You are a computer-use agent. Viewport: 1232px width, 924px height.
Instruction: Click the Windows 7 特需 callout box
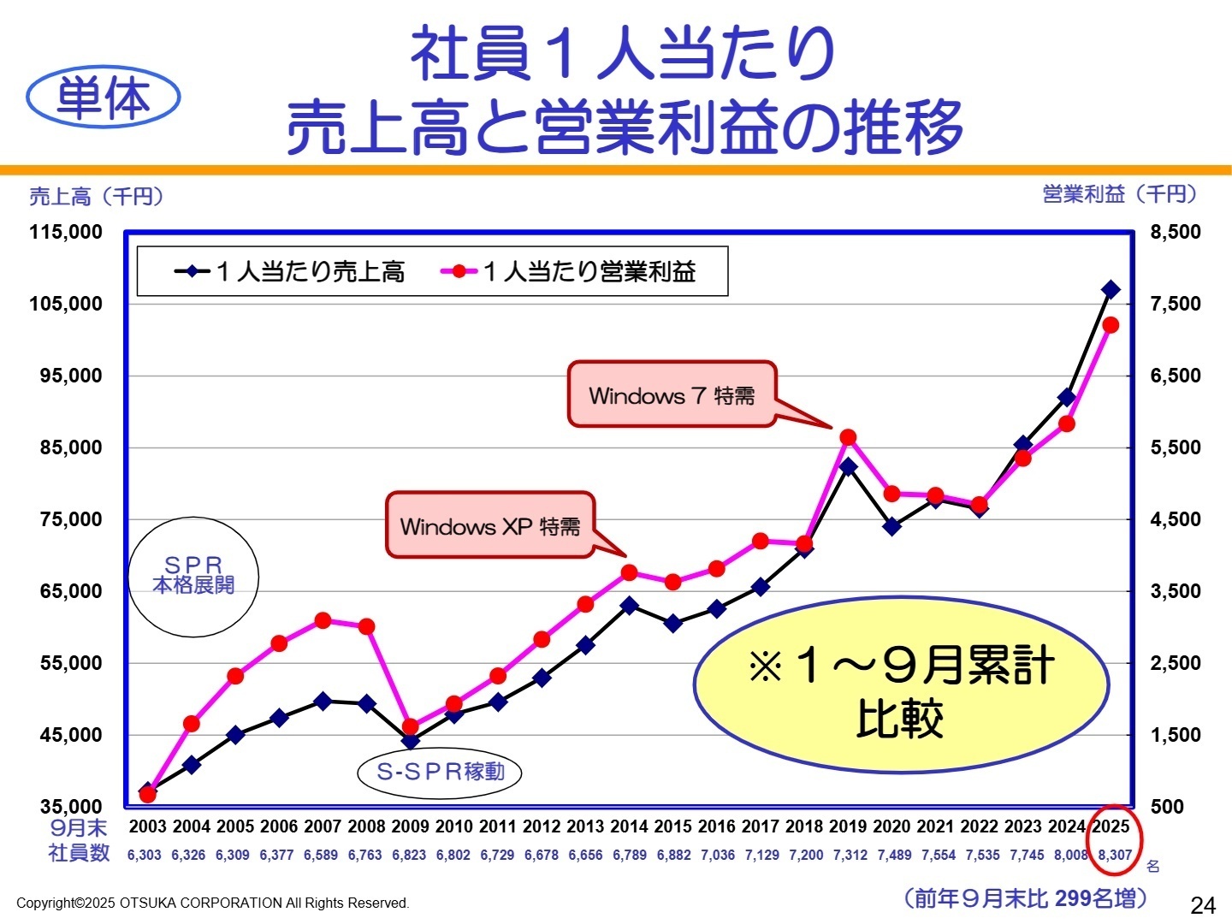[x=672, y=394]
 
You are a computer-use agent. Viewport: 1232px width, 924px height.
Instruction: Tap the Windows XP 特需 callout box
[x=490, y=525]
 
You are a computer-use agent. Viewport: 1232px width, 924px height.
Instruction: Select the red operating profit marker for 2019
[x=848, y=438]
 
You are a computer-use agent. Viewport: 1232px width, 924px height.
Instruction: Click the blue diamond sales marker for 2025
[x=1111, y=290]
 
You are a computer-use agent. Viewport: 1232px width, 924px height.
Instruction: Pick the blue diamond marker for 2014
[x=629, y=606]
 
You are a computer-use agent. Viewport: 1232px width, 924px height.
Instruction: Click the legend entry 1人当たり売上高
[x=291, y=272]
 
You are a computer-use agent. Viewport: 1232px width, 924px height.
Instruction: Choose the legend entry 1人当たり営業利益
[x=569, y=272]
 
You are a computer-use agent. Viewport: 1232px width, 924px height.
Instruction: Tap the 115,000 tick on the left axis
[x=66, y=232]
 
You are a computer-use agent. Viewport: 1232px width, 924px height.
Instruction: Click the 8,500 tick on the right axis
[x=1175, y=232]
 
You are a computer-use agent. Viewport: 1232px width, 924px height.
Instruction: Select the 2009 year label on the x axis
[x=410, y=826]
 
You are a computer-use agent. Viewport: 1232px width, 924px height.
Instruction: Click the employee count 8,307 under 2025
[x=1114, y=855]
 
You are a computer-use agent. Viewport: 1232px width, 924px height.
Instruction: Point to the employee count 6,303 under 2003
[x=144, y=855]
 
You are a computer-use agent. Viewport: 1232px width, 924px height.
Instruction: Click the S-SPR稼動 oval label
[x=440, y=772]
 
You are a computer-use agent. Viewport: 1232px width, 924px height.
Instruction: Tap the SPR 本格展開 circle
[x=193, y=576]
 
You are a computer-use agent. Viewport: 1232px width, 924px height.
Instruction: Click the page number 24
[x=1202, y=905]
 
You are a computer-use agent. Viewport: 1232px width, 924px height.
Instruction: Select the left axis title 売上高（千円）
[x=96, y=197]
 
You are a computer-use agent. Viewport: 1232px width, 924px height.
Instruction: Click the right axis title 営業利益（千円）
[x=1119, y=194]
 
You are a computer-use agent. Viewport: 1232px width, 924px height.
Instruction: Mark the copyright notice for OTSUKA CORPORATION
[x=213, y=903]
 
